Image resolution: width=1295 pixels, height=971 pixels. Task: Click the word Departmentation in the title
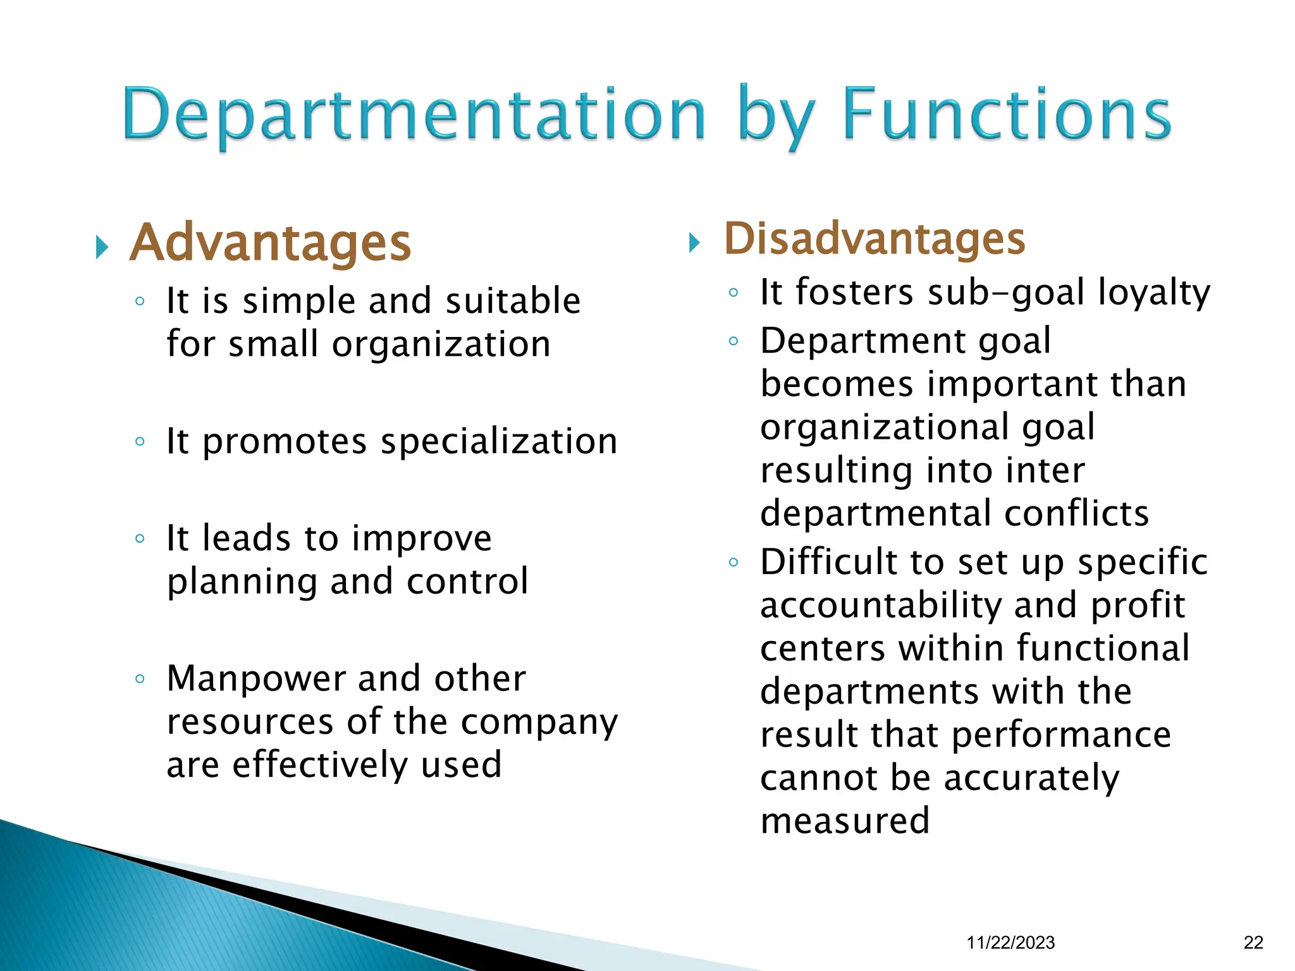414,115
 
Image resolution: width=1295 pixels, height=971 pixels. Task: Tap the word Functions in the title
1007,115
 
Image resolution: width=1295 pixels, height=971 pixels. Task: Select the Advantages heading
271,243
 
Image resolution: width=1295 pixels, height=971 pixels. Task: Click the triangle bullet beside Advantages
102,247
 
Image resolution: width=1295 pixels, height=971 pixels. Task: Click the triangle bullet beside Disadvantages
694,243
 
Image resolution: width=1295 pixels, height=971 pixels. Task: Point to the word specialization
499,441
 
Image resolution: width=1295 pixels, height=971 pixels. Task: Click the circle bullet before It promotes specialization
140,441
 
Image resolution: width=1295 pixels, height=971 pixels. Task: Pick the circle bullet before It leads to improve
140,539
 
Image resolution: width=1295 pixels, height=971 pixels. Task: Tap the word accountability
881,606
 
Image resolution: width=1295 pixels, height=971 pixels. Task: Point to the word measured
845,821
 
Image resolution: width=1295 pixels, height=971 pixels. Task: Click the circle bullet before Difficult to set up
733,562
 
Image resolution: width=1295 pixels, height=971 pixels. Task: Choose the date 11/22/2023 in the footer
1010,943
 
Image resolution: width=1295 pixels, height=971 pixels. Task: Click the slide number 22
1253,943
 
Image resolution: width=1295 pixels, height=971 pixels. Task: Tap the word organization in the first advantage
441,345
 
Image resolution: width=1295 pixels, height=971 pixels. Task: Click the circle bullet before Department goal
733,341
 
